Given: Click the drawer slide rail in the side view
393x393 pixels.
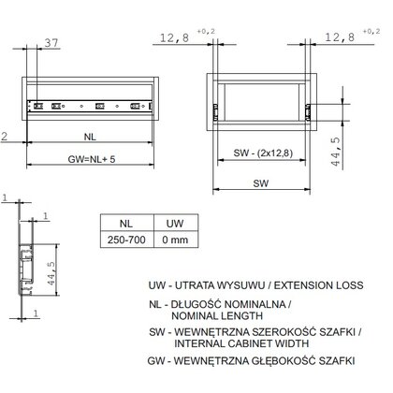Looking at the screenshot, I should click(94, 106).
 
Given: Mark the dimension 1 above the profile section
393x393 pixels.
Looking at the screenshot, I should click(5, 198).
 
